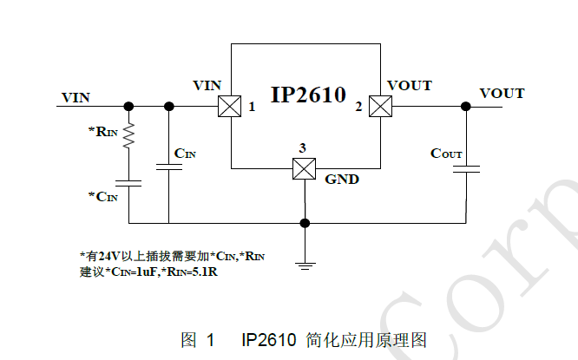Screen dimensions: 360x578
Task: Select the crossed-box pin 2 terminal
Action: point(379,106)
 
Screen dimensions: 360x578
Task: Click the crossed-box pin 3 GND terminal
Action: point(303,167)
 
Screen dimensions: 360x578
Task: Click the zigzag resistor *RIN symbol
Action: point(128,134)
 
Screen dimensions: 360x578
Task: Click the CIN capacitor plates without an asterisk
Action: point(168,167)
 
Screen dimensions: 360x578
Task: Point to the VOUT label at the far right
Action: point(502,93)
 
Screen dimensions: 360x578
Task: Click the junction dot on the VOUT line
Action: point(466,106)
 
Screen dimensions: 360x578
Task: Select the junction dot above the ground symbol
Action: point(304,223)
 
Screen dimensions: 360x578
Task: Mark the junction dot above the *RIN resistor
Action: point(128,106)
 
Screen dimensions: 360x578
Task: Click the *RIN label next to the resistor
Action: point(102,132)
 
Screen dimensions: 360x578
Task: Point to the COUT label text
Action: point(446,154)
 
